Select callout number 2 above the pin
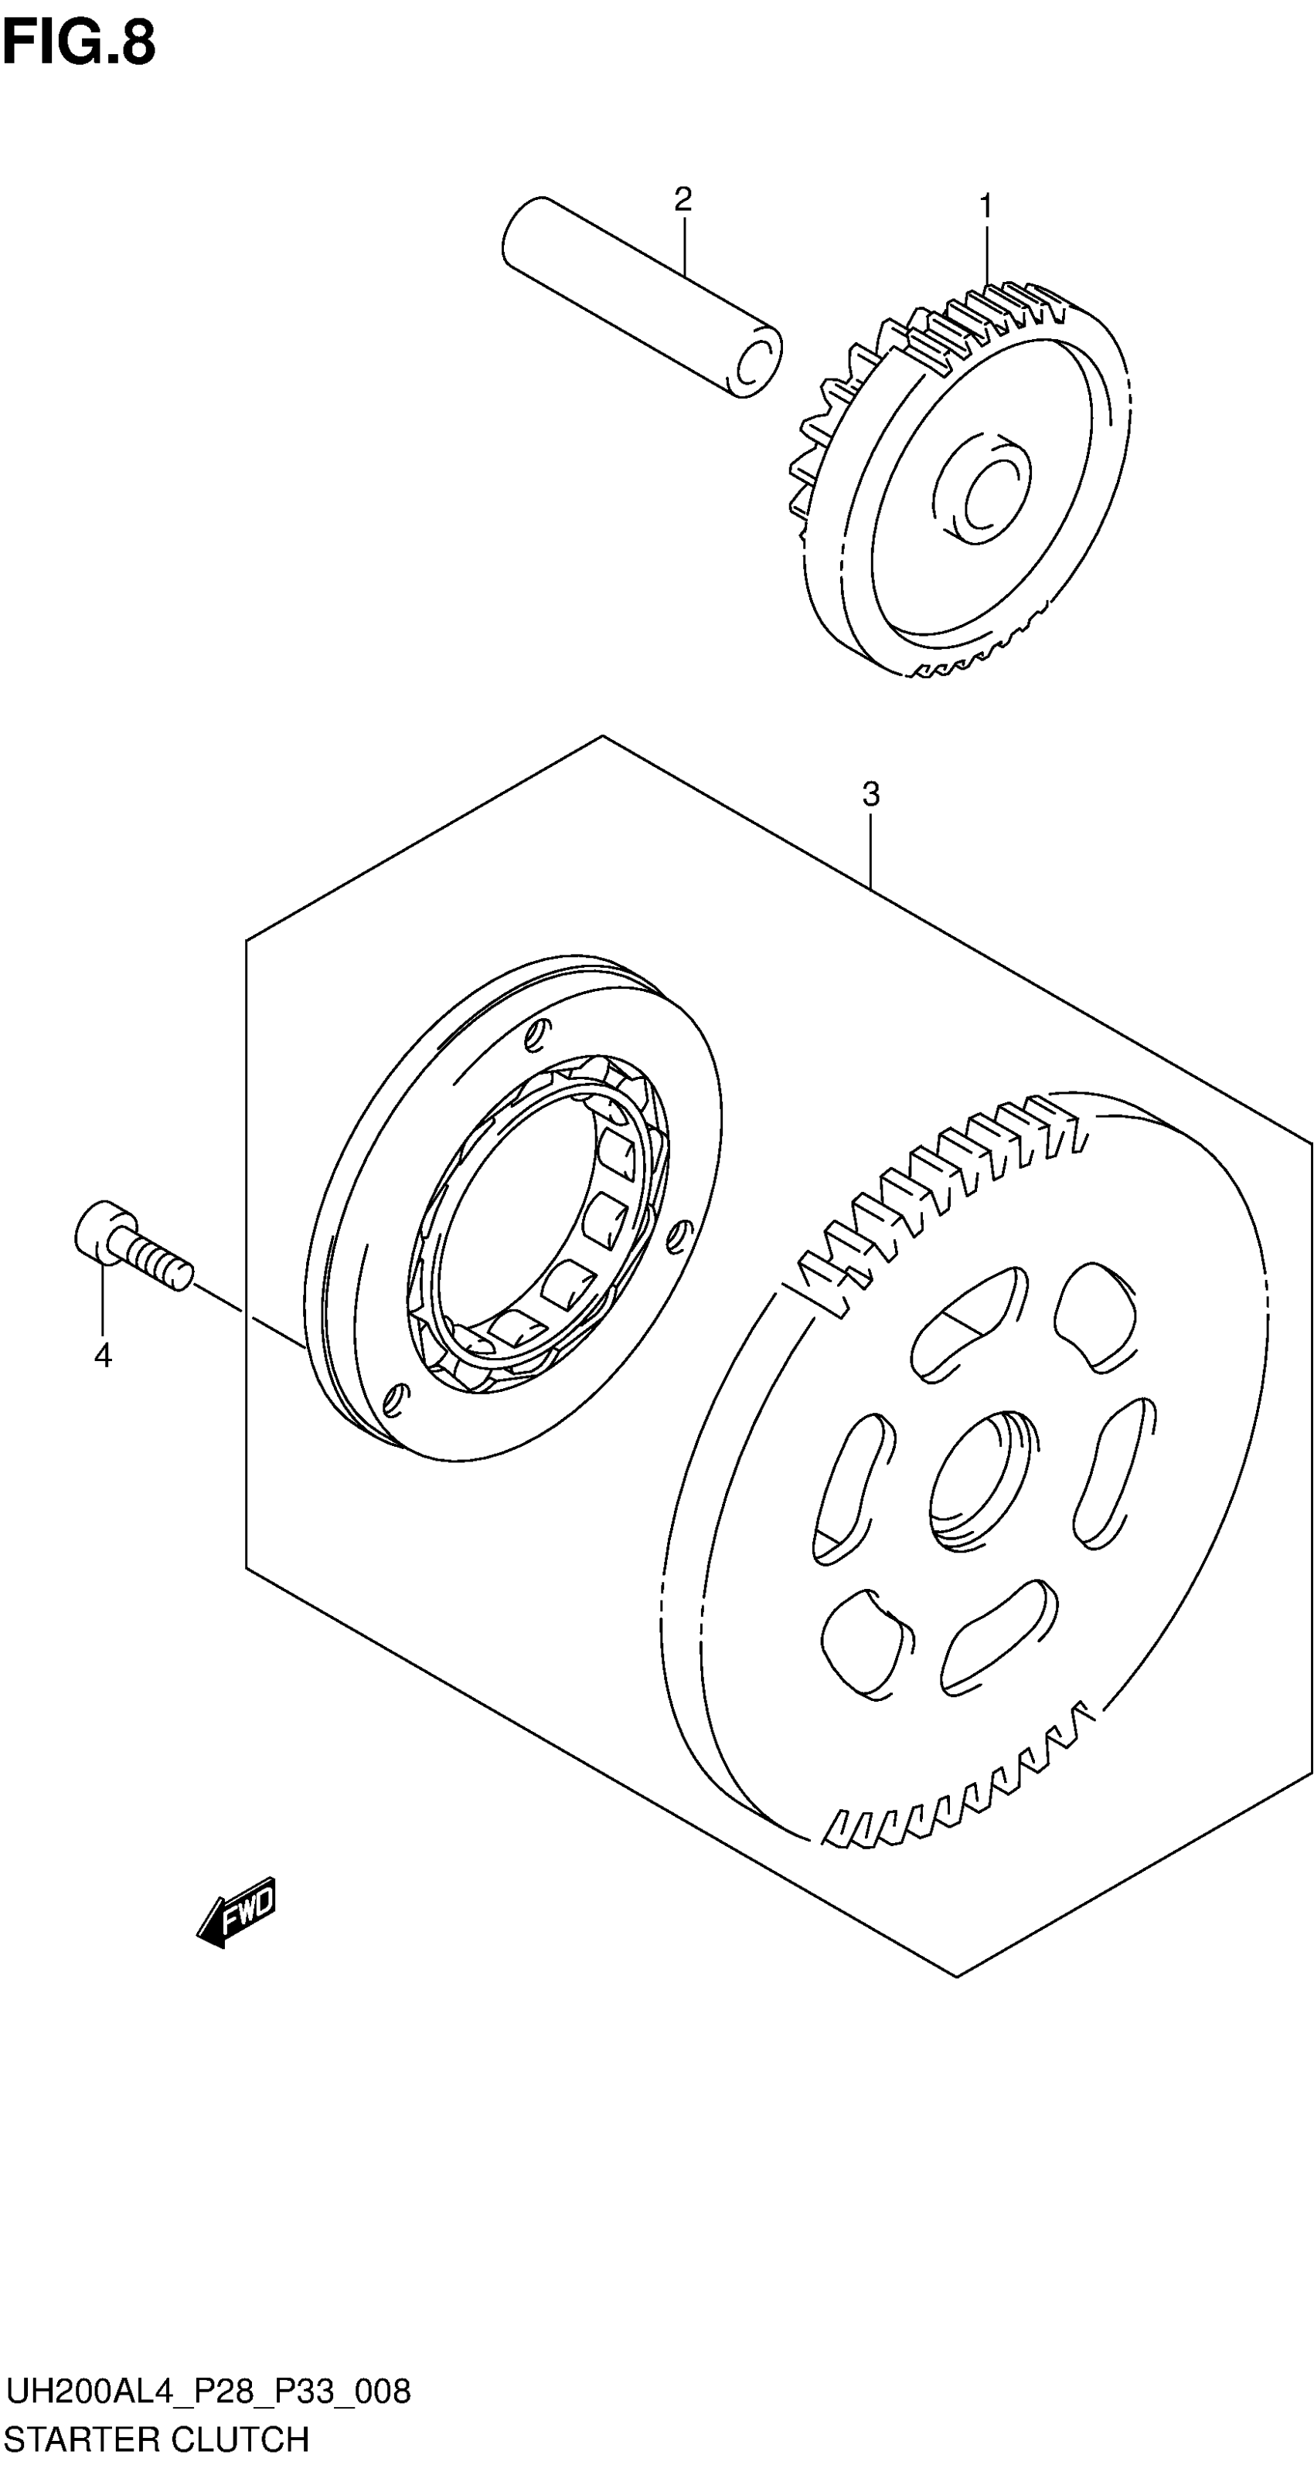click(x=683, y=199)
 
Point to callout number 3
click(x=870, y=794)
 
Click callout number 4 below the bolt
click(x=103, y=1355)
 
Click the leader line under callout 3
click(x=870, y=848)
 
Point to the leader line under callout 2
click(x=683, y=249)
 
